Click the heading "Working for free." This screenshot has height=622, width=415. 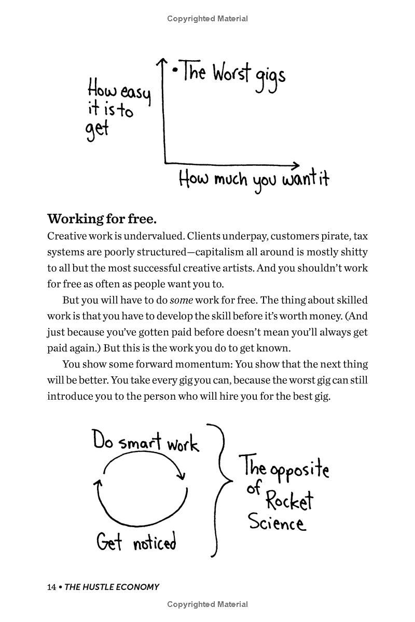tap(102, 218)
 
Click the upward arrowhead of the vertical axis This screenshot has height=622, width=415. tap(163, 63)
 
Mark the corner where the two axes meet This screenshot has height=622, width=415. tap(165, 162)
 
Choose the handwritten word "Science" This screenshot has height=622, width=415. tap(276, 522)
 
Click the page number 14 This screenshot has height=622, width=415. tap(51, 587)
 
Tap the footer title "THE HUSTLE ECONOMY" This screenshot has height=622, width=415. tap(112, 587)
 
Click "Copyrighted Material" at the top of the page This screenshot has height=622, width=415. tap(208, 19)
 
